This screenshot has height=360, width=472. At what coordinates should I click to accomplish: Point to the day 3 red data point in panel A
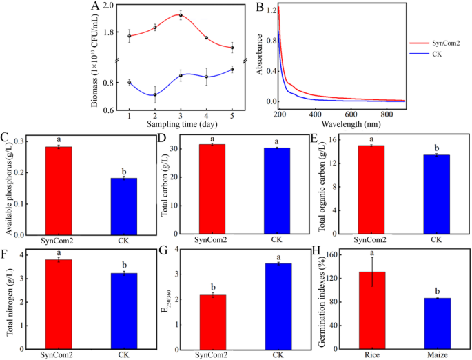tap(181, 15)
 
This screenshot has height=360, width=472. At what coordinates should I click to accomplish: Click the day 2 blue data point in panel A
tap(155, 95)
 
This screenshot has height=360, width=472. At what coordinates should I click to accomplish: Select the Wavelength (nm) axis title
tap(342, 124)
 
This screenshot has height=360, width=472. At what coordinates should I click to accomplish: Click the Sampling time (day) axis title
tap(180, 124)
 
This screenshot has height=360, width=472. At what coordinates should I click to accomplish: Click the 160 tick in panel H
tap(342, 255)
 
